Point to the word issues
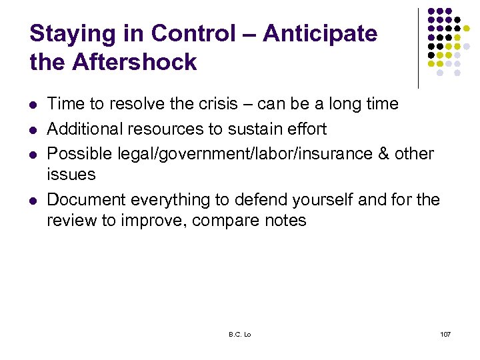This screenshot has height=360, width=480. [71, 175]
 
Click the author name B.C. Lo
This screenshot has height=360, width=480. [239, 333]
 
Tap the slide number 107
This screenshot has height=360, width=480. [445, 333]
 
